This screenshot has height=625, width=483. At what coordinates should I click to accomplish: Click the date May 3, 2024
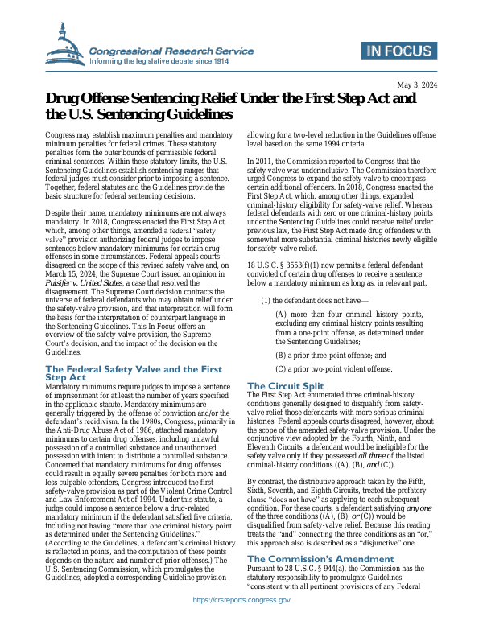(418, 84)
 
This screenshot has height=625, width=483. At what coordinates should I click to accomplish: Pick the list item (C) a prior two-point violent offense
(335, 369)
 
